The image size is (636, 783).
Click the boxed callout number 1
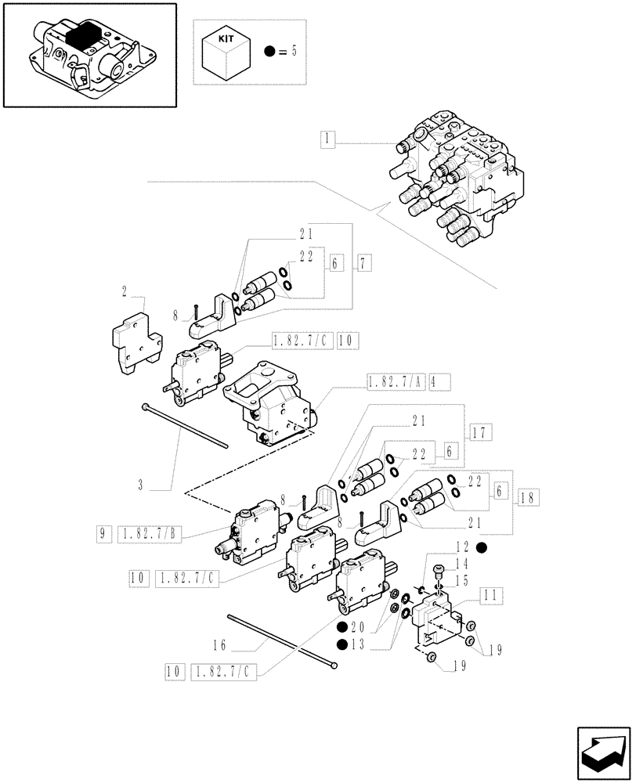(327, 140)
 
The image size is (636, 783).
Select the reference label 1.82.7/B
(150, 535)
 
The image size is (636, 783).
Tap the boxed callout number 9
(102, 535)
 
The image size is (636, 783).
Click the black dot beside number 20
(342, 627)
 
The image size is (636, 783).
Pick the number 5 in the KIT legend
(294, 52)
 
